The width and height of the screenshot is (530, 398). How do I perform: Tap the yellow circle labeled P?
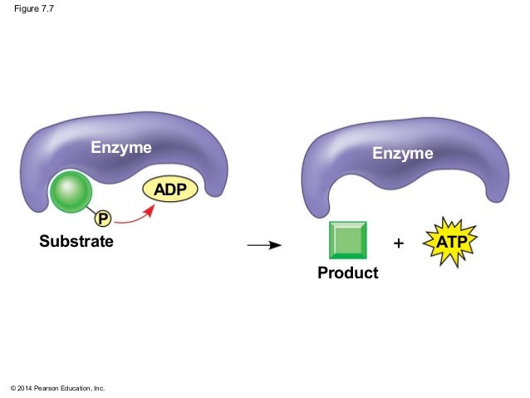103,219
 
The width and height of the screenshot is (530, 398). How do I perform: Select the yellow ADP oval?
172,189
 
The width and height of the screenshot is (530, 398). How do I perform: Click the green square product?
348,241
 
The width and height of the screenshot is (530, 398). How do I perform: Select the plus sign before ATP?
399,244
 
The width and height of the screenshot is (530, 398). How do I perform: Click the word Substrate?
76,243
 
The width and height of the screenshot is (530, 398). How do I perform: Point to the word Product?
347,273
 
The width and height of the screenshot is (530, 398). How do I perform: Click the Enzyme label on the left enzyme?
121,148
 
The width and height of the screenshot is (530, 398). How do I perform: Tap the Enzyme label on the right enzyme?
402,154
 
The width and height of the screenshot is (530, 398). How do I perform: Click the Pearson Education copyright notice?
57,388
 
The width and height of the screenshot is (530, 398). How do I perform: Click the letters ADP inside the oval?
172,189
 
